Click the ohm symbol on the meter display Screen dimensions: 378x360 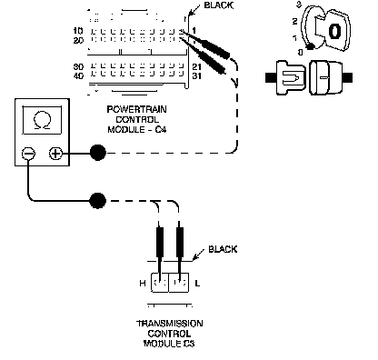point(42,120)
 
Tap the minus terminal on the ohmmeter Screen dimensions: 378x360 point(28,154)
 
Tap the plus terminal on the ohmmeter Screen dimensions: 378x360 point(55,154)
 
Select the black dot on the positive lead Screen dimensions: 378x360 point(98,153)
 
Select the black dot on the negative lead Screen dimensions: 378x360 point(98,200)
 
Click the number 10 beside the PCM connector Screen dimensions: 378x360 point(78,31)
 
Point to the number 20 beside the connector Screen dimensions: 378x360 point(78,40)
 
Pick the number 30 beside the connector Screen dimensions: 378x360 point(78,66)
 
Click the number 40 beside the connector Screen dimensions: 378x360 point(78,75)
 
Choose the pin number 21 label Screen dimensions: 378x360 point(196,66)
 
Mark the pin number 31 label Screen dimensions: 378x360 point(196,75)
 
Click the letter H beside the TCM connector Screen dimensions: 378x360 point(143,284)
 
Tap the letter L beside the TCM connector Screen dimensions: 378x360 point(197,284)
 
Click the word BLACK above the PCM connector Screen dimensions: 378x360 point(218,5)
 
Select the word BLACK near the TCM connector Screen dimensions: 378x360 point(223,249)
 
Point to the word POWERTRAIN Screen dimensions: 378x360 point(136,109)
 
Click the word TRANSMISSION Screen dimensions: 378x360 point(170,324)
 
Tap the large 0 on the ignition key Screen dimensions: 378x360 point(334,31)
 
